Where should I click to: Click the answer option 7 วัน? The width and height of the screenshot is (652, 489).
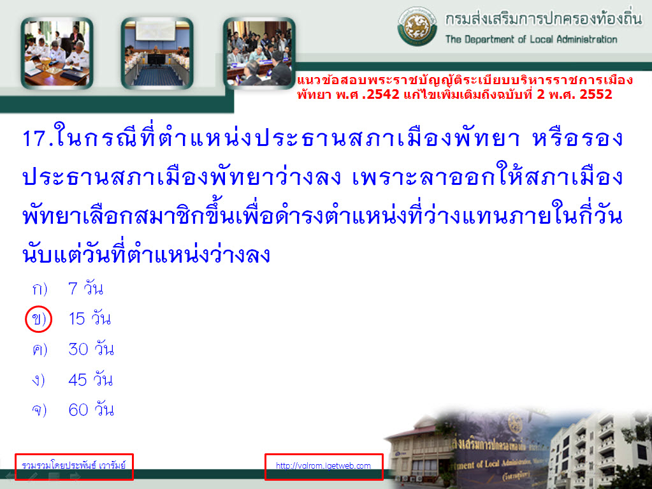pos(85,288)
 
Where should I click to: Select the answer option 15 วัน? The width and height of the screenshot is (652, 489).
pos(89,319)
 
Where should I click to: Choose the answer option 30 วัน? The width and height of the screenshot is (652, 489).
pos(91,349)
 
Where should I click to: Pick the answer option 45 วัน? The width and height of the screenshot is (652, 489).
pos(91,379)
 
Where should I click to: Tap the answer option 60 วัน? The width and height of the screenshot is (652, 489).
pos(91,409)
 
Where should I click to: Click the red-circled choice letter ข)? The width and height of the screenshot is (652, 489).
pos(39,319)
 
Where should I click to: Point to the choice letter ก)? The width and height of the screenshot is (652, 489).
pos(40,289)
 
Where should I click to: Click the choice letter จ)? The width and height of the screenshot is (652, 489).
pos(40,410)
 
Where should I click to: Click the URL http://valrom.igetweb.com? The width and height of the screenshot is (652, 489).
pos(323,465)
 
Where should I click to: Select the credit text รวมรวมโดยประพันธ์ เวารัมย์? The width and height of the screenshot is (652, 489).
pos(73,465)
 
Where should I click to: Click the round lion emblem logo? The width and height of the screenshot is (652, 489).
pos(417,26)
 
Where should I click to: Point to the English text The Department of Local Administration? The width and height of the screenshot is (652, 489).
pos(531,40)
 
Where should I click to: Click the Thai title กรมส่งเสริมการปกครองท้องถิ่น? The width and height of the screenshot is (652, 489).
pos(544,18)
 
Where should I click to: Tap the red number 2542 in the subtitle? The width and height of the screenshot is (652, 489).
pos(383,94)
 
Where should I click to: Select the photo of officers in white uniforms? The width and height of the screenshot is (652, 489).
pos(57,53)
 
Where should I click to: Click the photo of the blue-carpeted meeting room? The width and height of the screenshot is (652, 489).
pos(157,53)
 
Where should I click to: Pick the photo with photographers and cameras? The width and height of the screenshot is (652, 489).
pos(259,53)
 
